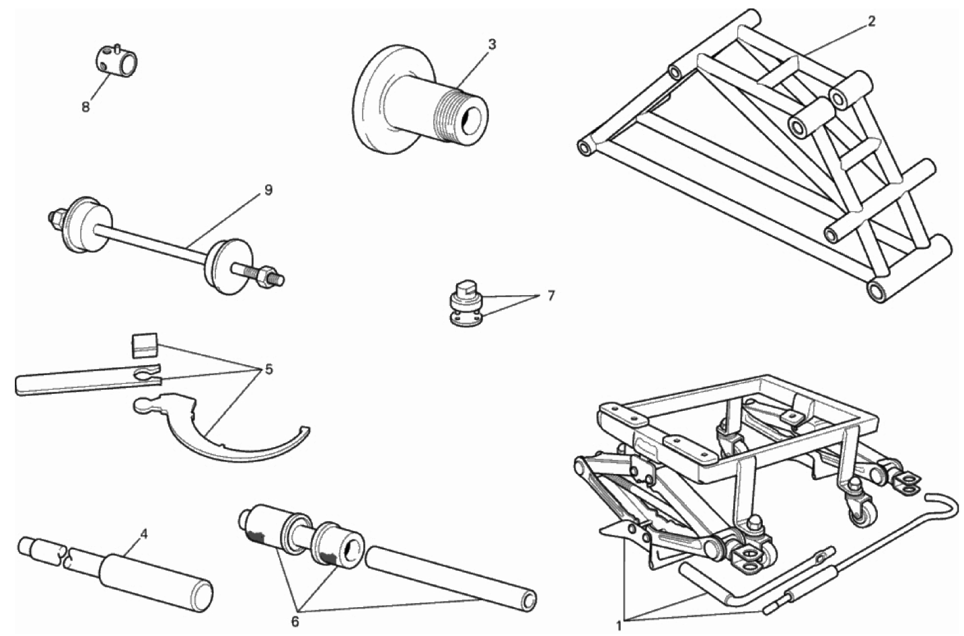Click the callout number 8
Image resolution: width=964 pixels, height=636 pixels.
pyautogui.click(x=86, y=107)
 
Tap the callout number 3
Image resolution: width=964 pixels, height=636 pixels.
pyautogui.click(x=492, y=45)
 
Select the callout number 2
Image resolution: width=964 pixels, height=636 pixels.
pyautogui.click(x=871, y=22)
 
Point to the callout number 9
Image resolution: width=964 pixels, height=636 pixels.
pyautogui.click(x=268, y=190)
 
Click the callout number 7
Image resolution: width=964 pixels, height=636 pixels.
pyautogui.click(x=551, y=296)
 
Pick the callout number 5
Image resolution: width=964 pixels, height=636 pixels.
pyautogui.click(x=269, y=369)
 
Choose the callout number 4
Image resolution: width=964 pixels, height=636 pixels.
pyautogui.click(x=144, y=534)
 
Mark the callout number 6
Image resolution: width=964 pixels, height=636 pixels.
pyautogui.click(x=295, y=623)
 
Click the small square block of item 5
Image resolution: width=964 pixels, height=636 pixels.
pyautogui.click(x=145, y=346)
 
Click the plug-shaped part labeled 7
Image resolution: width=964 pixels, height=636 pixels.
pyautogui.click(x=466, y=302)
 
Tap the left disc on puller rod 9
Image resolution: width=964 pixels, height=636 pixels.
pyautogui.click(x=87, y=225)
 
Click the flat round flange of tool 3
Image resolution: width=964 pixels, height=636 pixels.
pyautogui.click(x=379, y=98)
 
